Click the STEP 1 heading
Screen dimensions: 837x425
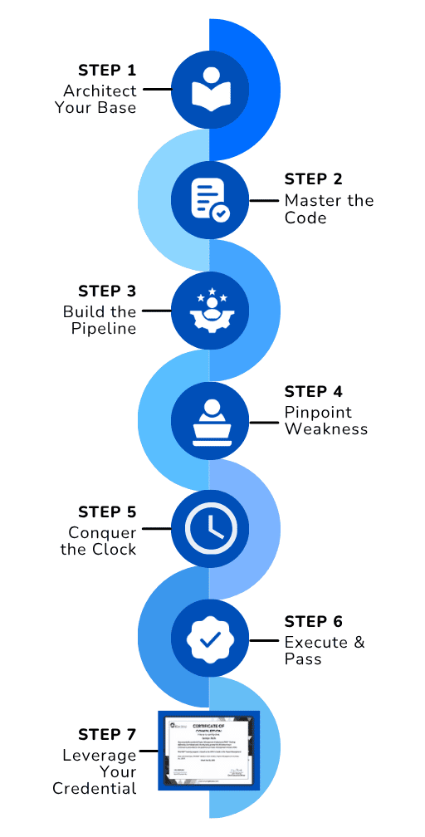click(107, 70)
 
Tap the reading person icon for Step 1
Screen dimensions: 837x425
click(209, 88)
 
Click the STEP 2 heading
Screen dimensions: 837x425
click(313, 179)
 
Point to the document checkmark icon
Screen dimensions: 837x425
click(209, 199)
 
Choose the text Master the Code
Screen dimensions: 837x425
click(329, 209)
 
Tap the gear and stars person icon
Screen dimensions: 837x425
click(209, 311)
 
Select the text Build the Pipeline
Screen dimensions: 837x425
click(100, 321)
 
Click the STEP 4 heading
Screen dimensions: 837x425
click(313, 392)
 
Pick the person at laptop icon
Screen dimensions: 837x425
click(209, 421)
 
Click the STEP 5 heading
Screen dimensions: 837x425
click(107, 512)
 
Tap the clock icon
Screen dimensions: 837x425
click(209, 529)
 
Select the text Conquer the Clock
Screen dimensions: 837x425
click(98, 541)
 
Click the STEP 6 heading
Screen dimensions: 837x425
click(313, 621)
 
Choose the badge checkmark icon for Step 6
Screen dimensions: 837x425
click(209, 639)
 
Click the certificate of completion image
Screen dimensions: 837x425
click(209, 749)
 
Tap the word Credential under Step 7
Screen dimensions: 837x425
click(94, 789)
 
